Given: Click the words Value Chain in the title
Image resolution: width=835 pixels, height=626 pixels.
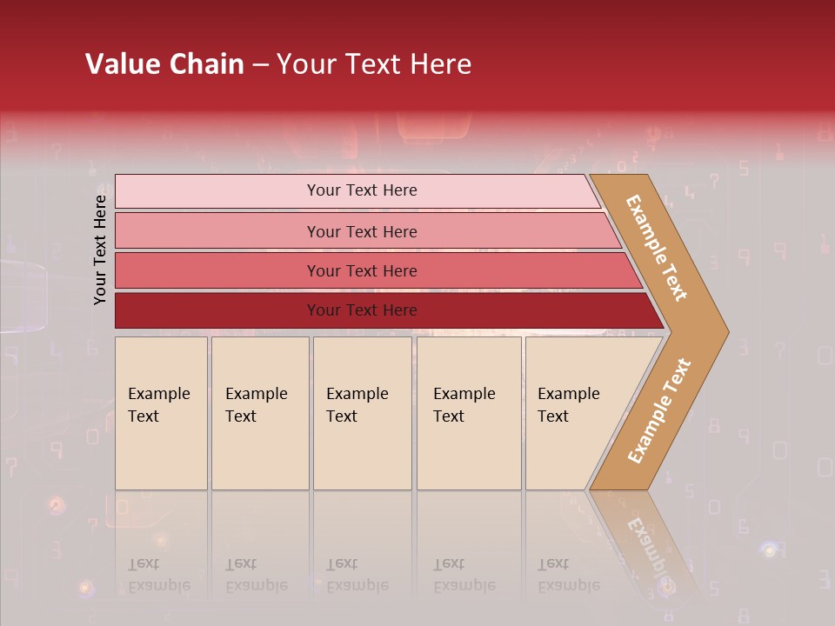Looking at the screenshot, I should (164, 64).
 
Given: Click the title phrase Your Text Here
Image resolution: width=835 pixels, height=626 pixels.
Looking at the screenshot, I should (374, 64).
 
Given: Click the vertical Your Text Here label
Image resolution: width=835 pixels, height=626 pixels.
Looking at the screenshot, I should (100, 250).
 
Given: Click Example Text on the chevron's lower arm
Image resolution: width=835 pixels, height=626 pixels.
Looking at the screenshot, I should (659, 411).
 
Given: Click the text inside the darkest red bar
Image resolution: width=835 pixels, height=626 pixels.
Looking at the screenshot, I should (362, 310).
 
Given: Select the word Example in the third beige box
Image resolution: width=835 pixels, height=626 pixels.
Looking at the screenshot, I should (357, 394).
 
